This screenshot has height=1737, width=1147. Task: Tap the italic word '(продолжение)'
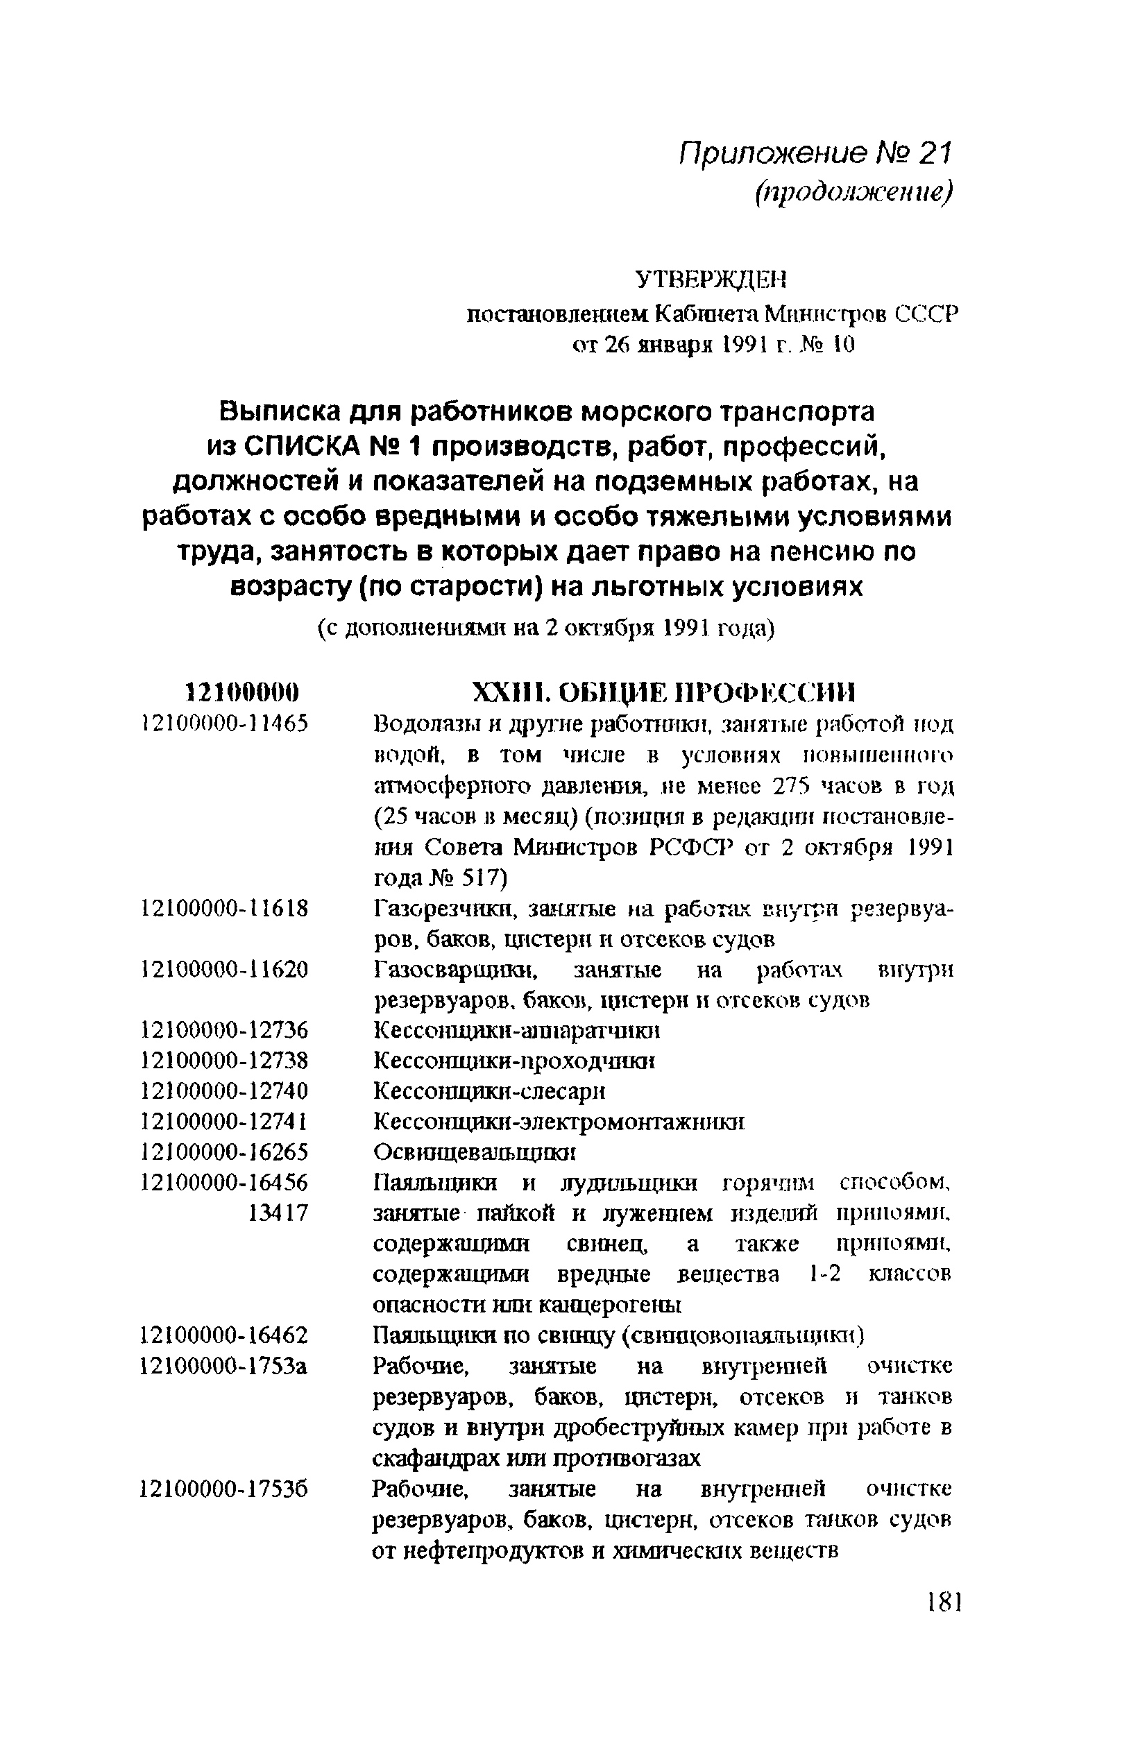854,193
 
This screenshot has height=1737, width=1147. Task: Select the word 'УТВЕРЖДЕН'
710,280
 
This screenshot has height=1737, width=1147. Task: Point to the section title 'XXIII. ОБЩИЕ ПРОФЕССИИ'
664,692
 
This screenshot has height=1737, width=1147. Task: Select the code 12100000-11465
225,724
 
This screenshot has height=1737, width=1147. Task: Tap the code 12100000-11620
225,970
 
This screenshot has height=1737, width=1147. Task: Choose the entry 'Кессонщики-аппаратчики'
517,1032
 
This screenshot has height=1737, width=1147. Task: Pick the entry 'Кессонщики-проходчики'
514,1061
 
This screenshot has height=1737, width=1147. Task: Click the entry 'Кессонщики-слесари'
489,1092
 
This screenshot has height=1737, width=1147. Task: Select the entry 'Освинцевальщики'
474,1153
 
